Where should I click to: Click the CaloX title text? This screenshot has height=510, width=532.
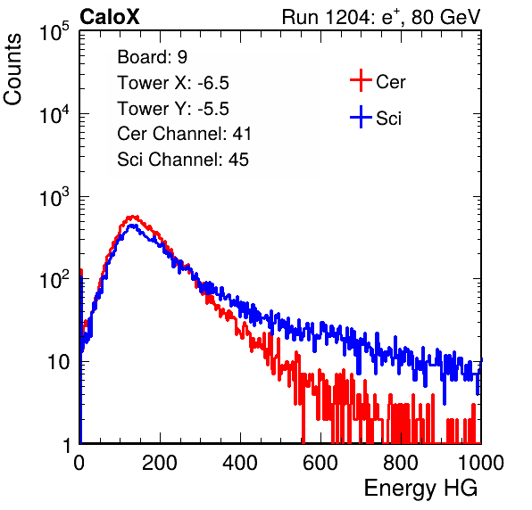point(110,17)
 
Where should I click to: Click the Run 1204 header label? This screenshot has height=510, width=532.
point(381,17)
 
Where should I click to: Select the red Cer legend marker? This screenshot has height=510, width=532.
point(361,80)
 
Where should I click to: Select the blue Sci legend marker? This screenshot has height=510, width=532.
point(361,118)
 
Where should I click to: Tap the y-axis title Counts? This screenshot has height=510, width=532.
point(12,70)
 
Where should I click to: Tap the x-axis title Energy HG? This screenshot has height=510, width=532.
point(420,489)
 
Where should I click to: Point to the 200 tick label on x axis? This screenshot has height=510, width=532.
point(159,463)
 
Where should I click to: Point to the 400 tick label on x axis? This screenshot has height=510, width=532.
point(240,463)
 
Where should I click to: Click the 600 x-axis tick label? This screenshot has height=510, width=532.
point(320,463)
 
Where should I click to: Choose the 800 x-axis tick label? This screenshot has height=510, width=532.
point(401,463)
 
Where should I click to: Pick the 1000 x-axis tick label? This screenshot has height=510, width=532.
point(481,463)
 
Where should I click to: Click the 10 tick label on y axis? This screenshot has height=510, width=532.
point(59,362)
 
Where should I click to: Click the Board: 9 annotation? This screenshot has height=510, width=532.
point(152,57)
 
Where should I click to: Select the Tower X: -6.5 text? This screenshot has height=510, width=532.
point(173,83)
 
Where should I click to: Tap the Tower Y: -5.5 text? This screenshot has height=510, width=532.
point(173,109)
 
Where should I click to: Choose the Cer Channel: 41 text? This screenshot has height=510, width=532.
point(184,134)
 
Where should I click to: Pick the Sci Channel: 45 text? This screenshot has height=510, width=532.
point(183,160)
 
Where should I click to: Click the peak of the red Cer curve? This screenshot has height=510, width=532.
point(132,217)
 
